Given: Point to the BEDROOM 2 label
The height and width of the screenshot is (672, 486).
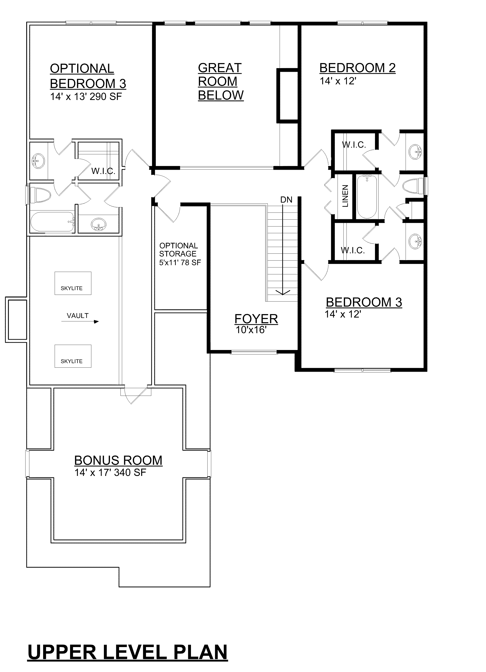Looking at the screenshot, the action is [x=357, y=68].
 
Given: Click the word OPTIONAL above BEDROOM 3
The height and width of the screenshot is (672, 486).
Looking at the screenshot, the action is [x=82, y=69].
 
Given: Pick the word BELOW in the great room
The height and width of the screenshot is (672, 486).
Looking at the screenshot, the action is [x=221, y=95].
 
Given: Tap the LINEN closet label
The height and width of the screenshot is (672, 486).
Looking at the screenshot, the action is [x=345, y=196].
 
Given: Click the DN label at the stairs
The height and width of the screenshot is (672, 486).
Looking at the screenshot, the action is [x=286, y=200].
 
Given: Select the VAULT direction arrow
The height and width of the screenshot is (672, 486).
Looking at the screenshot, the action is [x=80, y=321].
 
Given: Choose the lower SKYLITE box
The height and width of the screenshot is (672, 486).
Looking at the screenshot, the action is [x=73, y=356].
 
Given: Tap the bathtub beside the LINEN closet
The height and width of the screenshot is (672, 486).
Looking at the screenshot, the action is [x=367, y=196].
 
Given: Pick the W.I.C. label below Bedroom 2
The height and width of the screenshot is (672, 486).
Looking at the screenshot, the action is [x=354, y=145].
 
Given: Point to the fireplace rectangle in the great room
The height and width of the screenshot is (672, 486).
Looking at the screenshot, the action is [x=287, y=96].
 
